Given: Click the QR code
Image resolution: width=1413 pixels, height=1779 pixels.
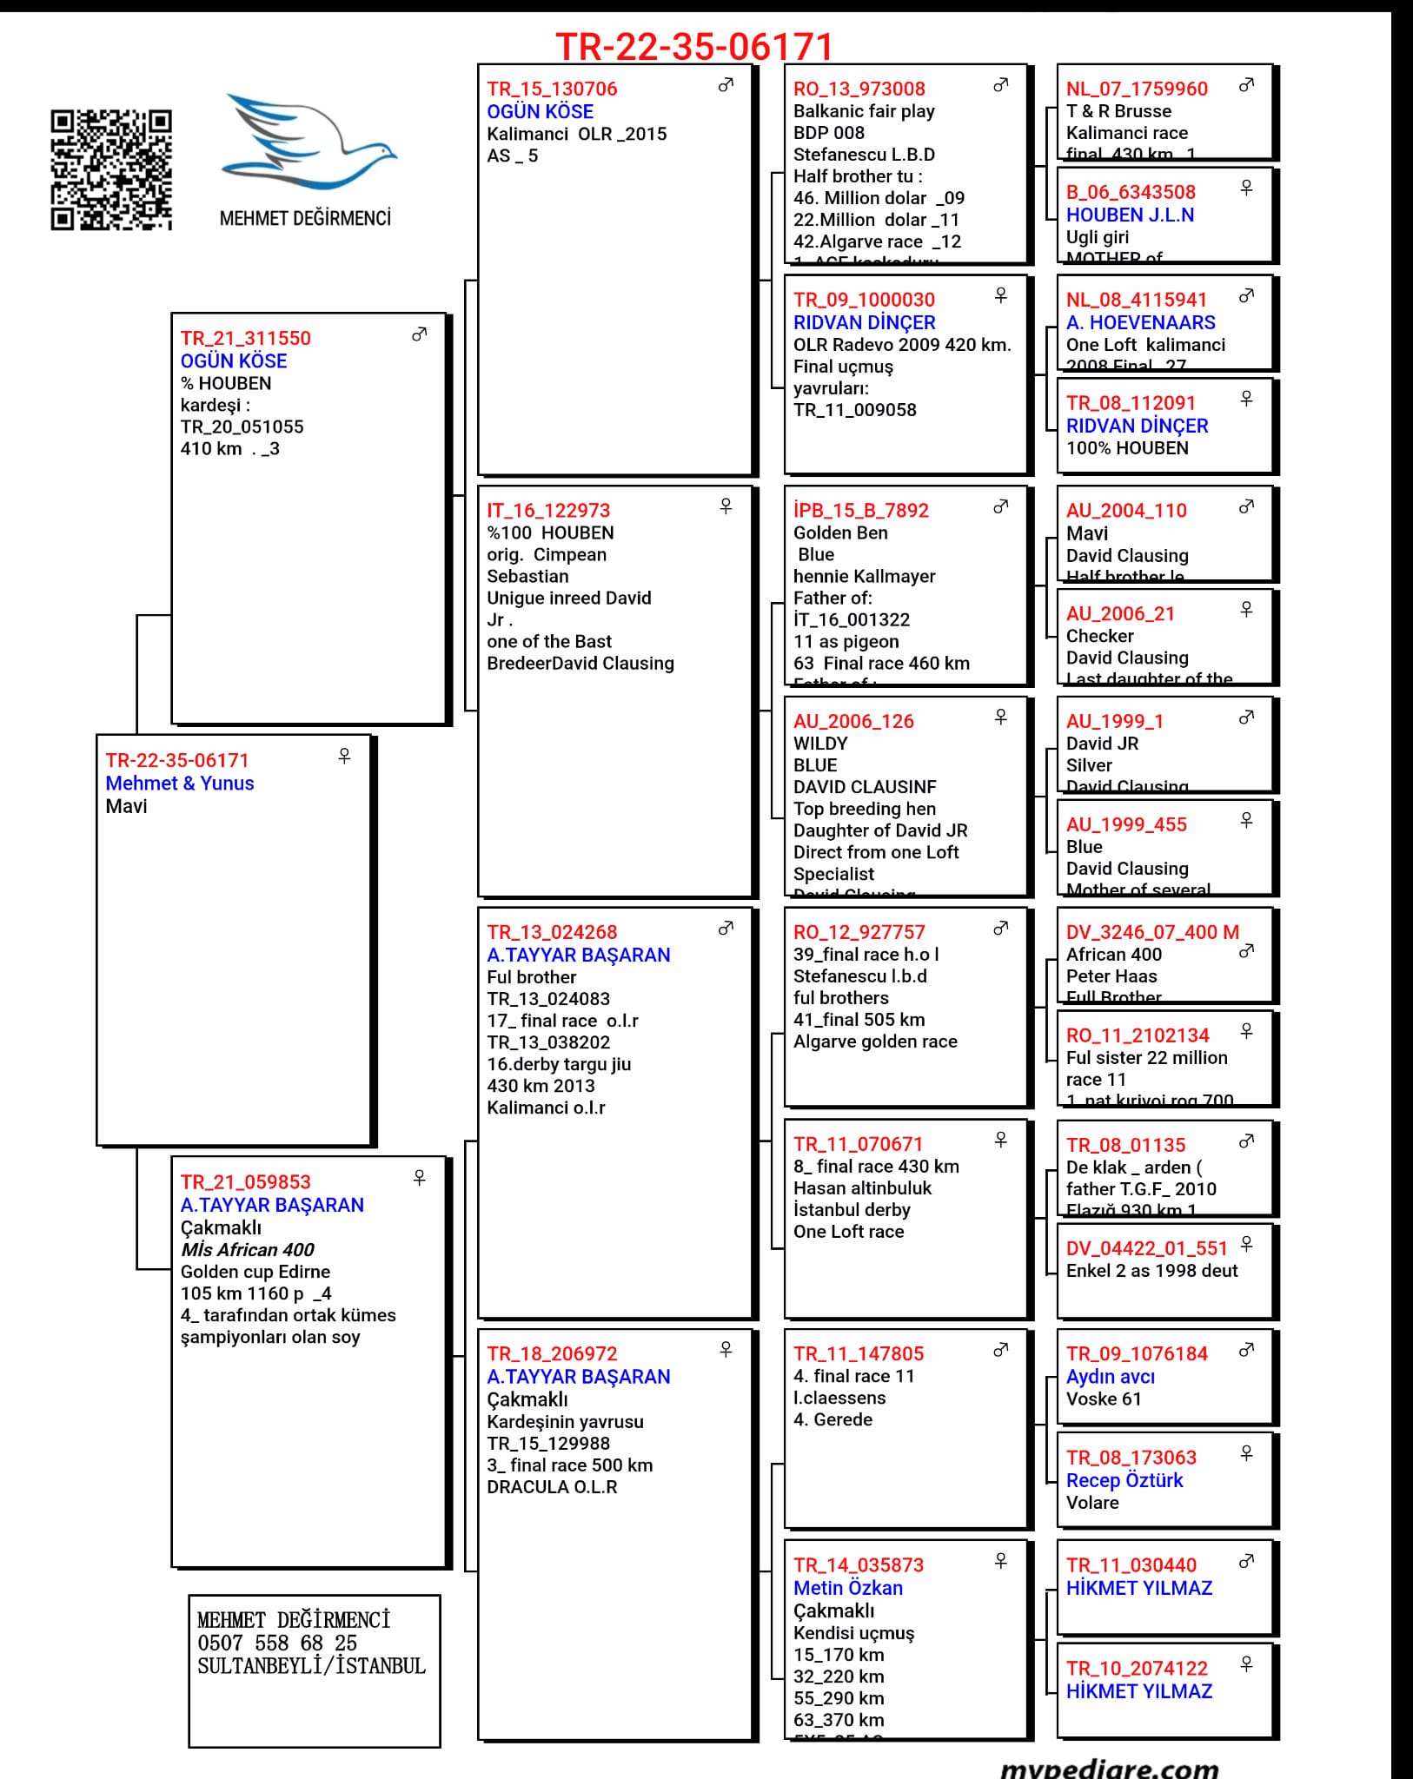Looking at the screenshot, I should pyautogui.click(x=111, y=169).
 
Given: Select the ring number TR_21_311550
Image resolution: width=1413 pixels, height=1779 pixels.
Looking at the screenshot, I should pyautogui.click(x=246, y=338).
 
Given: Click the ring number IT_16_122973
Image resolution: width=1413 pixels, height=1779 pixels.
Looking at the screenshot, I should pyautogui.click(x=548, y=510).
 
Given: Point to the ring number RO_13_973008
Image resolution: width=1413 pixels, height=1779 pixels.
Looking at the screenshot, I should pyautogui.click(x=859, y=89).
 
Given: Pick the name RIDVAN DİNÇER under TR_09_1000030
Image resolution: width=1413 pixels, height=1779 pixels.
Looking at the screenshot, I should pyautogui.click(x=864, y=322).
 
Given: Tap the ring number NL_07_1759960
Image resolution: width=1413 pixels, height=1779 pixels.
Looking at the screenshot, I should pyautogui.click(x=1137, y=89).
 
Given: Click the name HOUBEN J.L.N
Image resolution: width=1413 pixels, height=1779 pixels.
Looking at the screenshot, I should pyautogui.click(x=1130, y=215).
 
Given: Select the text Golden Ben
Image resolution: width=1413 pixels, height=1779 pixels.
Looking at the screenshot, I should pyautogui.click(x=840, y=532).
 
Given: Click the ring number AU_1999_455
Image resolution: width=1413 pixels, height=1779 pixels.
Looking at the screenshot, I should pyautogui.click(x=1126, y=824).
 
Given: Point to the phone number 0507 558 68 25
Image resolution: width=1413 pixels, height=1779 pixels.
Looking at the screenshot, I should pyautogui.click(x=277, y=1643).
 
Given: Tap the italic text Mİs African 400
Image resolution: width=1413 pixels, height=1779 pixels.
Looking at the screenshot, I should pyautogui.click(x=248, y=1249).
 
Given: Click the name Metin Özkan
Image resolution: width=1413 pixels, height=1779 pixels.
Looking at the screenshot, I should pyautogui.click(x=848, y=1588).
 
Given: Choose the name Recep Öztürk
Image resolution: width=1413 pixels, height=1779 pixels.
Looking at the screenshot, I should pyautogui.click(x=1124, y=1480).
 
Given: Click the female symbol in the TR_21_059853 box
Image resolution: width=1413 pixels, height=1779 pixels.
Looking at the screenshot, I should pyautogui.click(x=420, y=1177).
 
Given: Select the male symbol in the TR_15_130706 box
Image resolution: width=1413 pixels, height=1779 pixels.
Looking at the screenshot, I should pyautogui.click(x=726, y=85).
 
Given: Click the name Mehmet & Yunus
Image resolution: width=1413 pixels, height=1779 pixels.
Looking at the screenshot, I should pyautogui.click(x=180, y=783).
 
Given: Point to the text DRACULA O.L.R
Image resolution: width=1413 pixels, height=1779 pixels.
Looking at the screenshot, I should pyautogui.click(x=552, y=1486).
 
